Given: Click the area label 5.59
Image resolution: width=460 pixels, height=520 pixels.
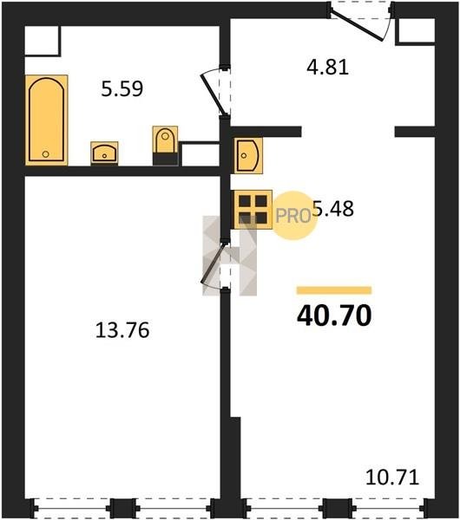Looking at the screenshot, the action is [x=122, y=89].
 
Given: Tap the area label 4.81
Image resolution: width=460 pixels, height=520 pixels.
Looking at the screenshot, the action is [x=327, y=67].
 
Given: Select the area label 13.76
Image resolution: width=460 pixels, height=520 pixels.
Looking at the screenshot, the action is [x=122, y=330].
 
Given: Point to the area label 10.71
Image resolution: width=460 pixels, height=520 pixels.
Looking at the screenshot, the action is [x=392, y=478].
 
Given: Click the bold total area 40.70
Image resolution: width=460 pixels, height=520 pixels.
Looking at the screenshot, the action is [x=334, y=315].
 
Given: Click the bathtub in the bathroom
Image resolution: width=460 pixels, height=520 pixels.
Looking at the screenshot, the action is [x=47, y=120].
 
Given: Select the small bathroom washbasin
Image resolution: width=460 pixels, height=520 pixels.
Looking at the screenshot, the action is [x=104, y=153].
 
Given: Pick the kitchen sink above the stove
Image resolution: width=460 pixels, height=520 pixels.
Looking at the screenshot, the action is [x=248, y=155].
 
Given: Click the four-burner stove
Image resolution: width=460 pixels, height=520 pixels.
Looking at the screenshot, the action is [x=253, y=210].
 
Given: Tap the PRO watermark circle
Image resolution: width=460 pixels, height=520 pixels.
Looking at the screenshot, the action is [x=293, y=216].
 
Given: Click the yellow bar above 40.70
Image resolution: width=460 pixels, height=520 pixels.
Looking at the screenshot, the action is [x=334, y=290].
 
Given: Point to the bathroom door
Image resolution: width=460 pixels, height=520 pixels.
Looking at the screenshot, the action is [x=214, y=94].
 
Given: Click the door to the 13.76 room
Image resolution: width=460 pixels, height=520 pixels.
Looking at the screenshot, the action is [x=214, y=264].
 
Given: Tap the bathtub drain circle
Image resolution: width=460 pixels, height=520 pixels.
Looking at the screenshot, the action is [x=46, y=154].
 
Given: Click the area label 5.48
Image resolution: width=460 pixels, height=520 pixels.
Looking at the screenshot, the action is [x=333, y=209].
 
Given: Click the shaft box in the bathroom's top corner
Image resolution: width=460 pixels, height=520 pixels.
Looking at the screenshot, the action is [x=43, y=41].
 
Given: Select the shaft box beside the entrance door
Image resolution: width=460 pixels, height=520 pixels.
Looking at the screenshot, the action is [x=415, y=31].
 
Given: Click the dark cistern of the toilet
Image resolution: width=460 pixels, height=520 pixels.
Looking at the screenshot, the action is [x=166, y=159].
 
